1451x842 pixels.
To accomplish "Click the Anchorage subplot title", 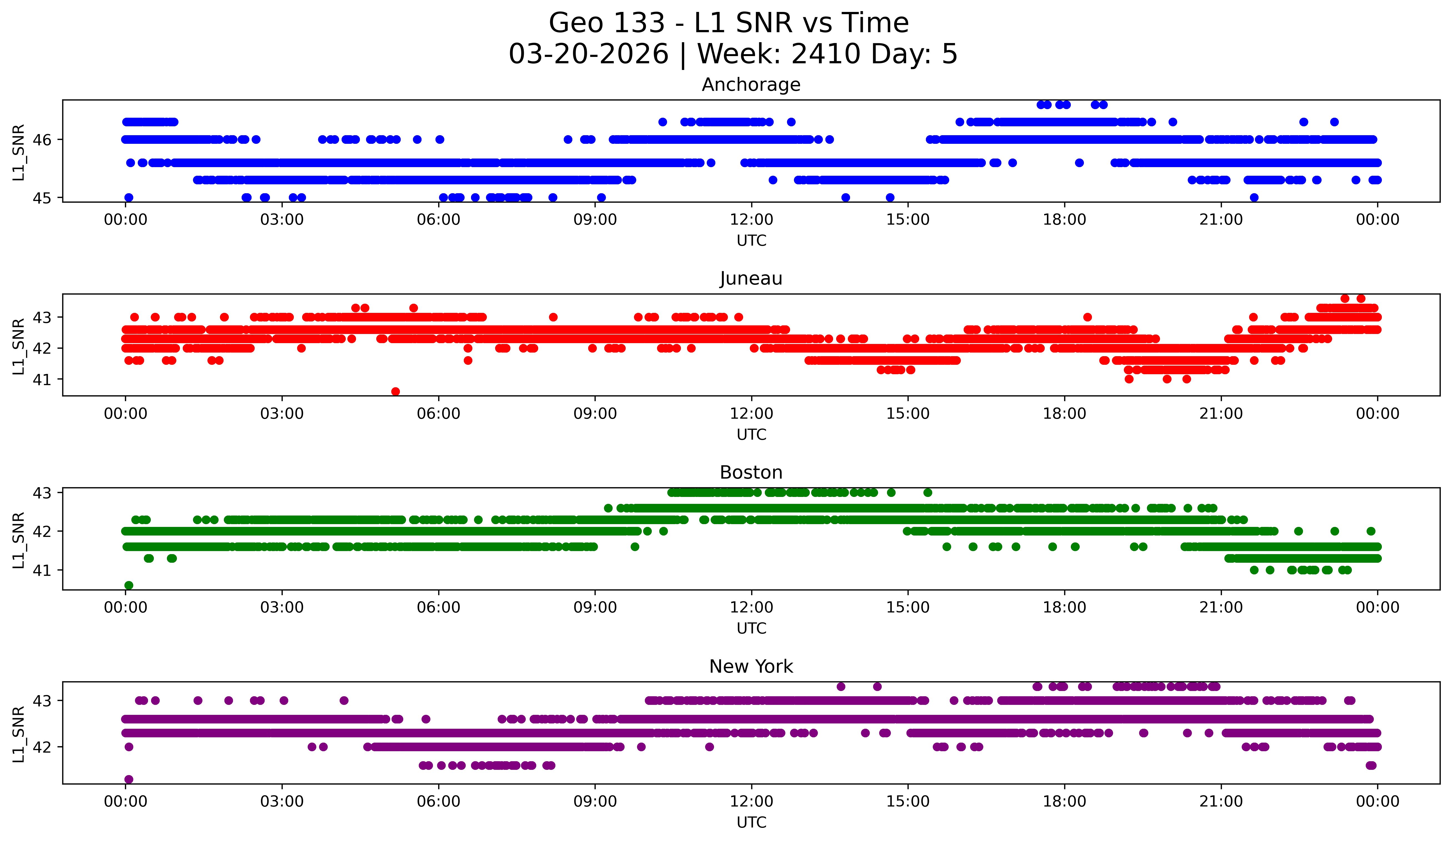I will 751,85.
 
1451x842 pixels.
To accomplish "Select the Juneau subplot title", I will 751,278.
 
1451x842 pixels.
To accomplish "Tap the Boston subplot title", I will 751,472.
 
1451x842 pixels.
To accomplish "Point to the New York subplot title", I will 751,667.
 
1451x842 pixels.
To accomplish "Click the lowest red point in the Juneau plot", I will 395,391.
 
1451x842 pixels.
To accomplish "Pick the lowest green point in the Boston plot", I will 129,585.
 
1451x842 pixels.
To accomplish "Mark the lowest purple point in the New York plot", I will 129,779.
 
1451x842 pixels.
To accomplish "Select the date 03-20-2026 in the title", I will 588,54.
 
